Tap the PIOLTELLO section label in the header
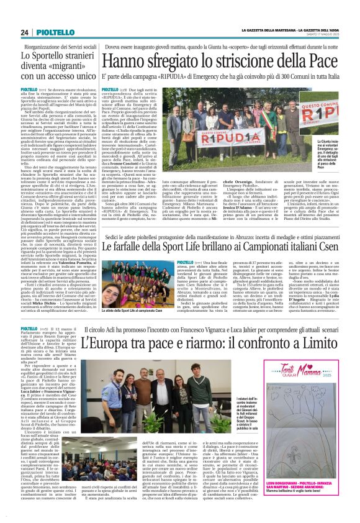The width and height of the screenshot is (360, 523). coord(48,32)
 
